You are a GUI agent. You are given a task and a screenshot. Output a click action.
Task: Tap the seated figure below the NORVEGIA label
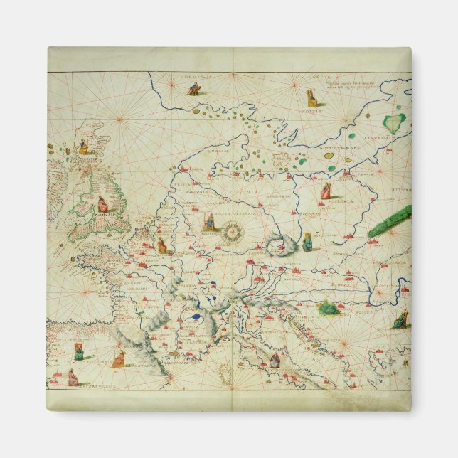194,89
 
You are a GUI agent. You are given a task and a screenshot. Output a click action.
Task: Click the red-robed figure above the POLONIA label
326,191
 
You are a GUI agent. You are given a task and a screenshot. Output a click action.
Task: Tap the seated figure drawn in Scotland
83,146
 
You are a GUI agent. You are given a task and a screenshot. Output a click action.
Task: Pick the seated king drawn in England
103,204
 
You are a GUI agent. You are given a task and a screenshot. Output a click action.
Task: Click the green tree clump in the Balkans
327,308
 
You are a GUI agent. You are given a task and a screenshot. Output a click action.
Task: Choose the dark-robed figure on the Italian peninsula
273,360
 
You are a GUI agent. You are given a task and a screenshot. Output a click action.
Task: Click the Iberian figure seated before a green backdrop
78,351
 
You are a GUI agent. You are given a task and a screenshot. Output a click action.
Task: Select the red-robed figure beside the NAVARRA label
118,357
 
